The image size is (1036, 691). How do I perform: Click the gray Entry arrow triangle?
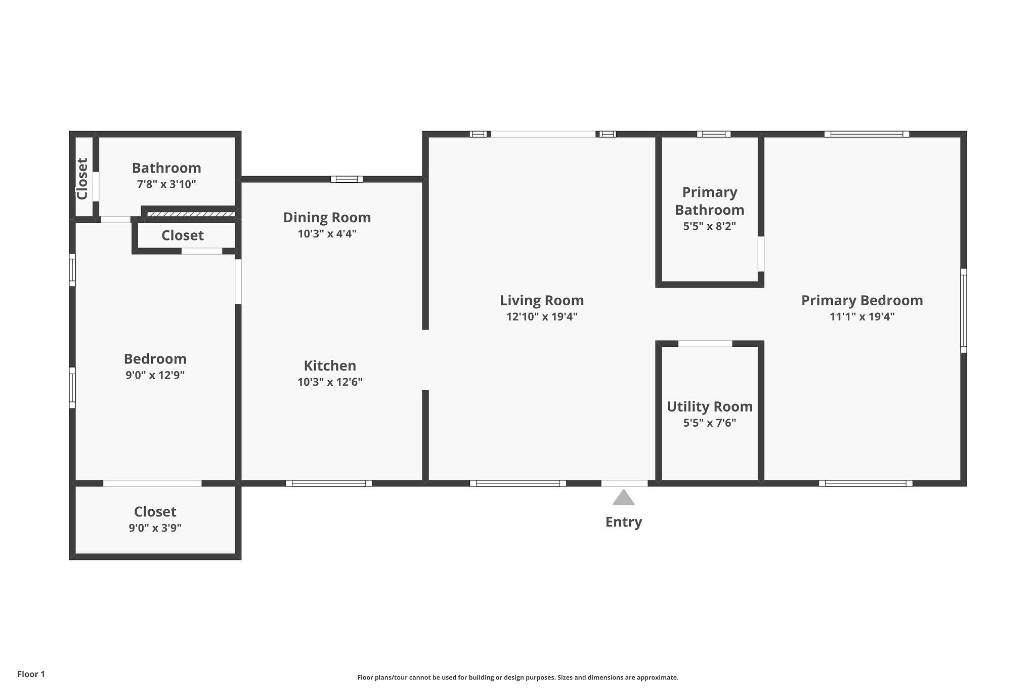click(x=623, y=497)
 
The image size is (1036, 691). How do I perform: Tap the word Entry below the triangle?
click(x=624, y=522)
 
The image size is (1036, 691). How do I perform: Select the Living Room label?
click(x=542, y=301)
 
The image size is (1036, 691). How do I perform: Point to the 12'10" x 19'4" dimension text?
click(x=542, y=317)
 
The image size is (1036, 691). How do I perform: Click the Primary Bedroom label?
click(x=862, y=301)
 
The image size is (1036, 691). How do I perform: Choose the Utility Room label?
click(x=710, y=407)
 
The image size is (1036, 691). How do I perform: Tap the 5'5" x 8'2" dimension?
click(x=709, y=226)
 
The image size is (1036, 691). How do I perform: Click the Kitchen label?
click(x=330, y=365)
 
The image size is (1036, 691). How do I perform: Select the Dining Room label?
click(x=327, y=218)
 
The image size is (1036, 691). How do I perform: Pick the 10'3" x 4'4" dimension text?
click(x=327, y=234)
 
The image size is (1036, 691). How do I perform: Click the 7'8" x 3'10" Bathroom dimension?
click(x=166, y=184)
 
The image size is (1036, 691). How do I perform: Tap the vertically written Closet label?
click(x=82, y=179)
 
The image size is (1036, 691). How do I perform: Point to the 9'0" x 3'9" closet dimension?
click(x=155, y=528)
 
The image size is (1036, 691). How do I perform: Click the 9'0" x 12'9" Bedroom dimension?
click(x=155, y=375)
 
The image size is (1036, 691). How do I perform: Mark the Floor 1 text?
click(x=31, y=674)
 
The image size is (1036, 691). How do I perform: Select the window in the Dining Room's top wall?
click(x=347, y=179)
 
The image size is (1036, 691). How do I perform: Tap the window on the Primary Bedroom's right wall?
click(x=963, y=310)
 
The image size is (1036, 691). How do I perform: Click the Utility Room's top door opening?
click(x=705, y=344)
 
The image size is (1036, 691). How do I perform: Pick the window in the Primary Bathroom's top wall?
click(x=713, y=134)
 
